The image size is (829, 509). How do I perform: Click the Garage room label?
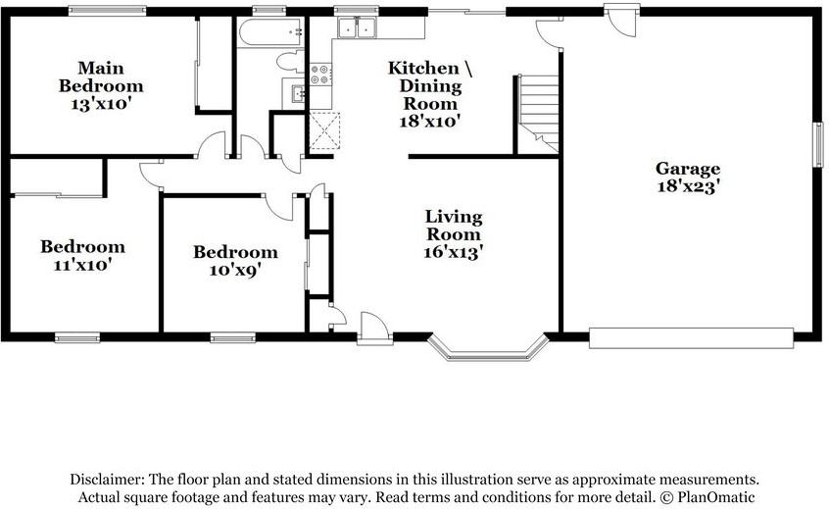click(687, 169)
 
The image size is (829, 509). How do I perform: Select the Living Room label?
click(454, 226)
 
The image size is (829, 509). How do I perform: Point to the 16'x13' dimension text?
click(454, 252)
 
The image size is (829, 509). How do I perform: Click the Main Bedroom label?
click(101, 76)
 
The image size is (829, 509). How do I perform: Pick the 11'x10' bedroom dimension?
click(83, 264)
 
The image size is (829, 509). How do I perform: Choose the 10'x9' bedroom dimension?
click(235, 270)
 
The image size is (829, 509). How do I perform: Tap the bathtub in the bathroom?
click(271, 32)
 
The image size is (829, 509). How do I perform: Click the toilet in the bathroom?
click(290, 61)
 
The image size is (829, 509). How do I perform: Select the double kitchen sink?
click(357, 27)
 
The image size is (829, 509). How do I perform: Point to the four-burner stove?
click(320, 75)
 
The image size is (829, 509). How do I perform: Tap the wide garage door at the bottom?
click(692, 338)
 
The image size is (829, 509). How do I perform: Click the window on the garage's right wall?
click(818, 145)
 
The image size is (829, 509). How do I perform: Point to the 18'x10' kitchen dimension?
click(429, 122)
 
